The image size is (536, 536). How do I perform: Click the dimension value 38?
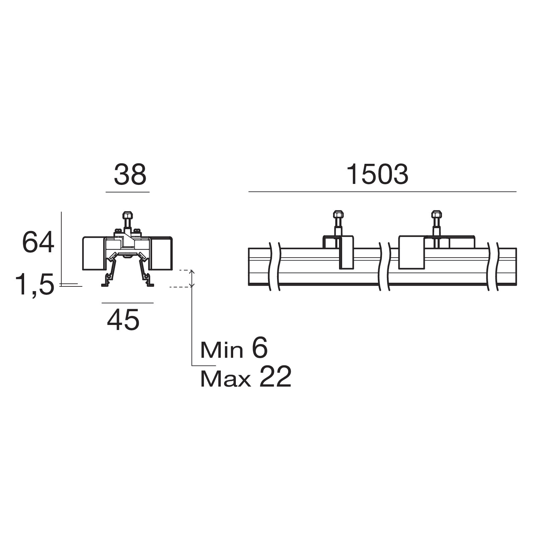(x=130, y=175)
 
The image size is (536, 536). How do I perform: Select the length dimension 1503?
(x=377, y=175)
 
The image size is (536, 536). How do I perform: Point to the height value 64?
(x=38, y=242)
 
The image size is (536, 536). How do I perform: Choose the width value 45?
(x=123, y=320)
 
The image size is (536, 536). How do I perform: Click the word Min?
(x=222, y=350)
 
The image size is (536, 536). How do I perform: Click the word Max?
(x=225, y=379)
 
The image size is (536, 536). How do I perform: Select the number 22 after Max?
(x=275, y=377)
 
